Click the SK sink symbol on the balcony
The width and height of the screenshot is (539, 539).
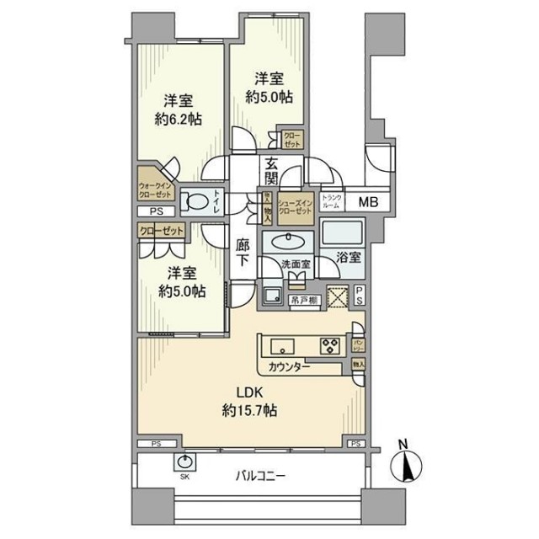pyautogui.click(x=185, y=462)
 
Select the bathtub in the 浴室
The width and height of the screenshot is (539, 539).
pyautogui.click(x=342, y=233)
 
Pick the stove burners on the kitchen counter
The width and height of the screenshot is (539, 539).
pyautogui.click(x=327, y=345)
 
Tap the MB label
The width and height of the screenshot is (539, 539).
pyautogui.click(x=370, y=201)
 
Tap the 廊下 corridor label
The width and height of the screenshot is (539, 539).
pyautogui.click(x=243, y=253)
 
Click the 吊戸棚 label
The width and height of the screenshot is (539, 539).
pyautogui.click(x=305, y=300)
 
